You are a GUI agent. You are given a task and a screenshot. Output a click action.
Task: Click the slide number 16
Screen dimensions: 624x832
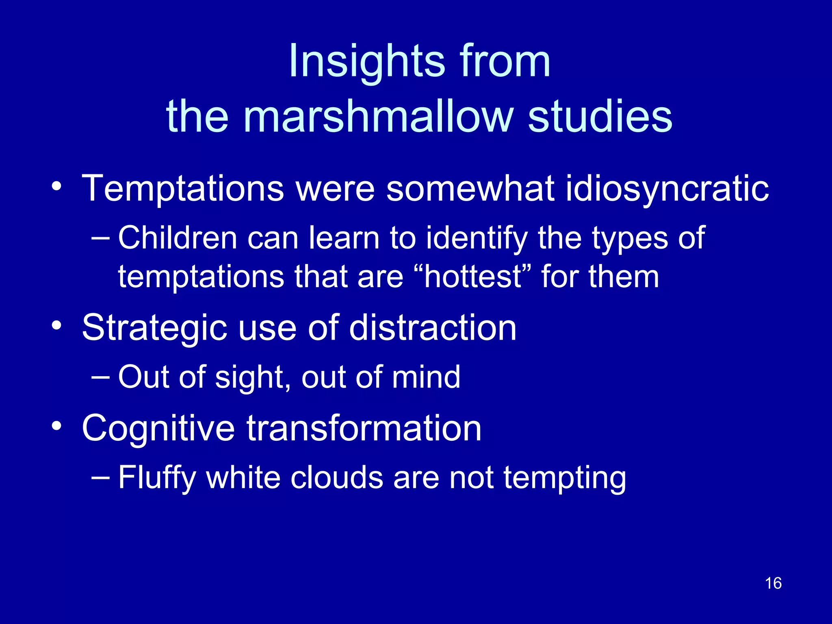point(773,583)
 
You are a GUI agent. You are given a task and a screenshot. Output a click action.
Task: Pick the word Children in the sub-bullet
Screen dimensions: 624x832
point(178,238)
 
